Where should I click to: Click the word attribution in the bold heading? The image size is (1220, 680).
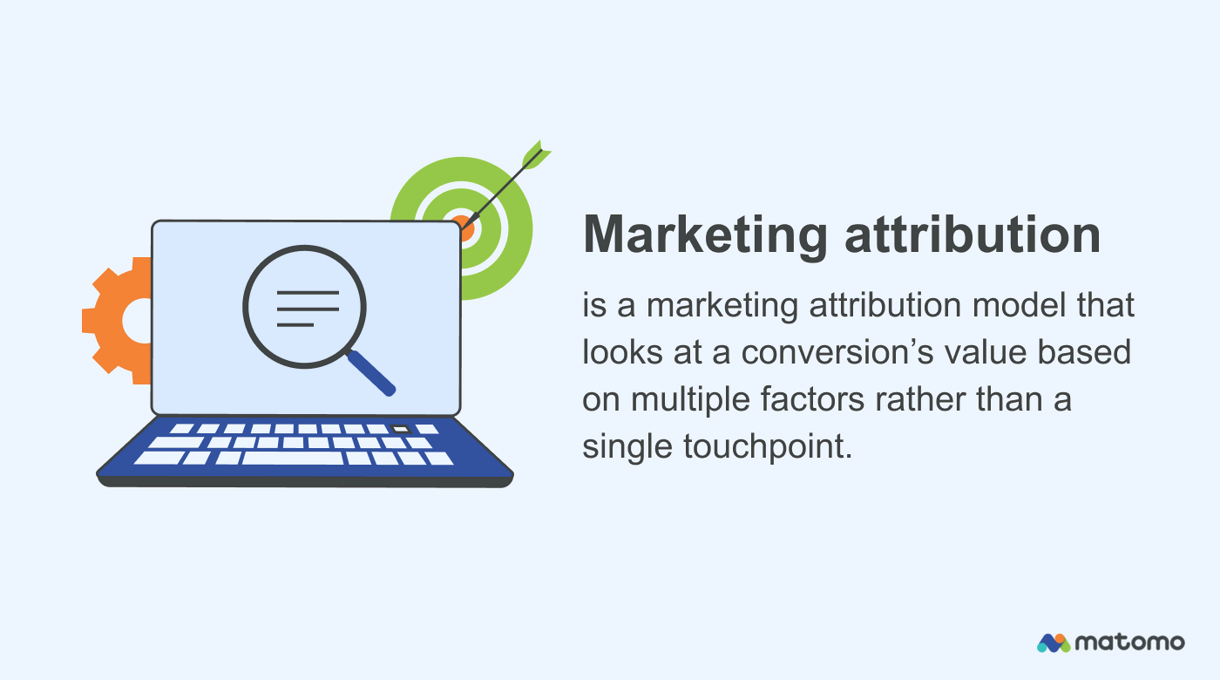pos(973,235)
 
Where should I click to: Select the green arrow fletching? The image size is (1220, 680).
pos(532,155)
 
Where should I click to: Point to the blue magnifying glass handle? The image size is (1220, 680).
pos(372,373)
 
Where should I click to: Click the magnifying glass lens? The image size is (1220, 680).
pos(304,308)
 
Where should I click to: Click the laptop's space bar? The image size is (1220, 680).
pos(292,458)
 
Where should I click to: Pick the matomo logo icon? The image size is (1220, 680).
pos(1053,643)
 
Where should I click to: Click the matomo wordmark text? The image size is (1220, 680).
pos(1130,643)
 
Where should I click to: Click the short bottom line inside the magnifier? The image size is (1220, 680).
pos(295,324)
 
